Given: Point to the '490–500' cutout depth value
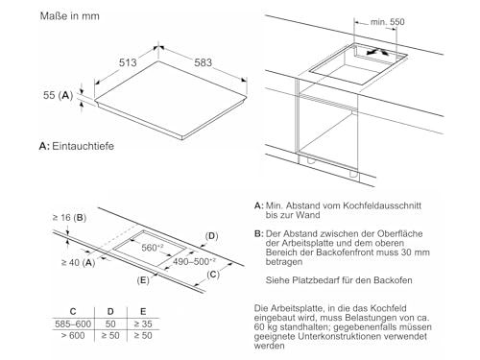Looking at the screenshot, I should coord(184,260).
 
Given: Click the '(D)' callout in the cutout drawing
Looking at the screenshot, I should coord(213,235).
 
